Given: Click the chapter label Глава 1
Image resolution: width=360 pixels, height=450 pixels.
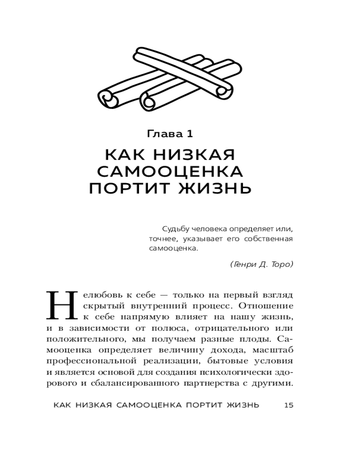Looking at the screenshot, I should (x=170, y=134).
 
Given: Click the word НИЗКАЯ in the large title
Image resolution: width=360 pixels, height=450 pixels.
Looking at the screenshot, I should (x=194, y=155).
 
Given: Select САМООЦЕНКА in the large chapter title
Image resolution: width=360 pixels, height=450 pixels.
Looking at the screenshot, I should (x=170, y=171).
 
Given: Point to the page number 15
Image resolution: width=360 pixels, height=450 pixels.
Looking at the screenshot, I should (x=289, y=405).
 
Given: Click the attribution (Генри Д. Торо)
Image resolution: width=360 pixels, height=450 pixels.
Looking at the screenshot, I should (x=261, y=264).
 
